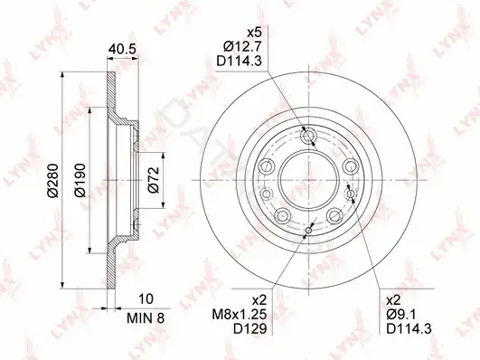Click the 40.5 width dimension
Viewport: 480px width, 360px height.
coord(122,49)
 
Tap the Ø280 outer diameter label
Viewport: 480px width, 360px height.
coord(52,181)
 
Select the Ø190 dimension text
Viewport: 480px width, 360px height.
coord(80,181)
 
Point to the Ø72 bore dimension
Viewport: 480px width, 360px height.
coord(154,180)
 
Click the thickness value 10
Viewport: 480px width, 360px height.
coord(146,298)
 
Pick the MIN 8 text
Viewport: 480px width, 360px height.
coord(146,318)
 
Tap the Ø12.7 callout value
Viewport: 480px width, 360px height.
coord(242,47)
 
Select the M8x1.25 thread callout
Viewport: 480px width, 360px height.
coord(240,314)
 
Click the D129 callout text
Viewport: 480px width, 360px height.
coord(250,328)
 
